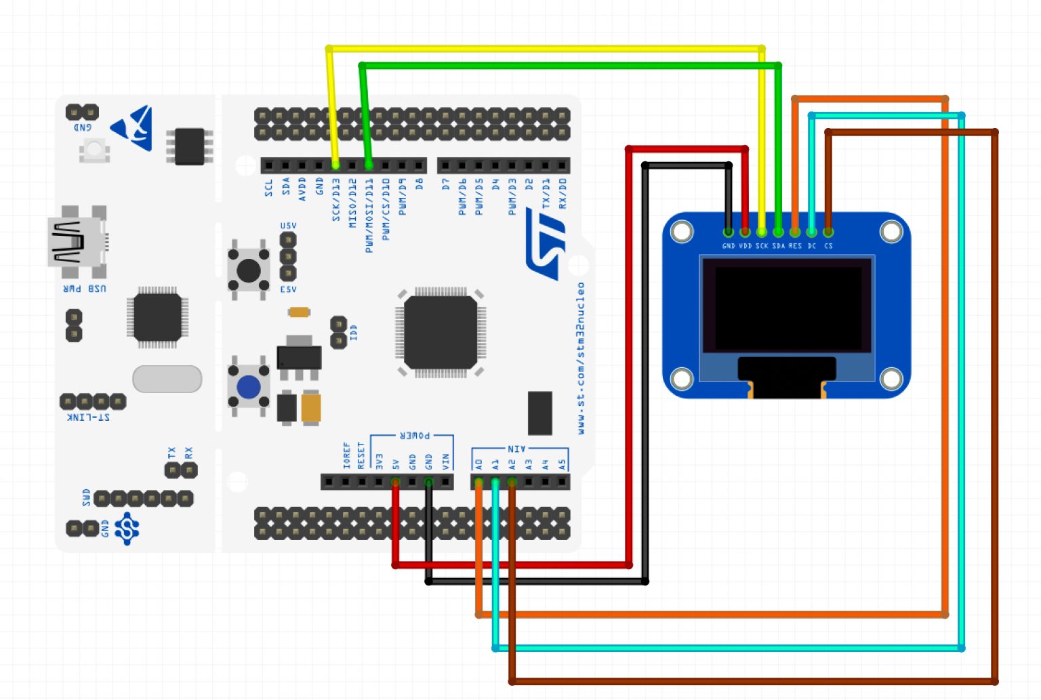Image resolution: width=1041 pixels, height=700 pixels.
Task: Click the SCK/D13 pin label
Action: point(336,200)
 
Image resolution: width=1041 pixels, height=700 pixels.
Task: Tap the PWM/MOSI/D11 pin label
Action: point(369,215)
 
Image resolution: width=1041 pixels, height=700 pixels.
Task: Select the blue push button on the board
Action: point(248,388)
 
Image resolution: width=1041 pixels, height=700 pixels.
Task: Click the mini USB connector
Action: point(77,243)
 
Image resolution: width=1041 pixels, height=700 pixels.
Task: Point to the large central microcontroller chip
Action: point(441,332)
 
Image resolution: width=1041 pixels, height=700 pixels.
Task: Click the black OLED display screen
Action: point(787,306)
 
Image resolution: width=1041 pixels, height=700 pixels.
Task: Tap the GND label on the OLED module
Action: point(729,246)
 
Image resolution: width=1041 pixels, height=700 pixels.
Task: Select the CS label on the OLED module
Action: point(828,246)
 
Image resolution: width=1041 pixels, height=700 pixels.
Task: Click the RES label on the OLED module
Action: point(795,246)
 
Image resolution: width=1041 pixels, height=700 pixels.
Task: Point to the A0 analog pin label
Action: point(479,464)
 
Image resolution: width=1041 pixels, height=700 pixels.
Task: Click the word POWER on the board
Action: point(414,436)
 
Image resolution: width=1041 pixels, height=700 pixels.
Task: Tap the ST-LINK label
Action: point(89,417)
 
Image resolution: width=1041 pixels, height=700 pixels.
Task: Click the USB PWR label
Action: point(85,289)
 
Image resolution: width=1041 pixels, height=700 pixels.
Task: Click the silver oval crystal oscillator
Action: point(167,379)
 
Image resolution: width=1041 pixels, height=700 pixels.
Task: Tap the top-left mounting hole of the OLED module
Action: point(682,232)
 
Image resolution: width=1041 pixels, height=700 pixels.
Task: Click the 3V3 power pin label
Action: point(379,462)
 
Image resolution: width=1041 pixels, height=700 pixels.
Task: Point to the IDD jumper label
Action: point(354,332)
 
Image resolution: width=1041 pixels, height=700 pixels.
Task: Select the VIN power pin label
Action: point(445,462)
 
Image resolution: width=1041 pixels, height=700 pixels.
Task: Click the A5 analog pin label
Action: point(562,464)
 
